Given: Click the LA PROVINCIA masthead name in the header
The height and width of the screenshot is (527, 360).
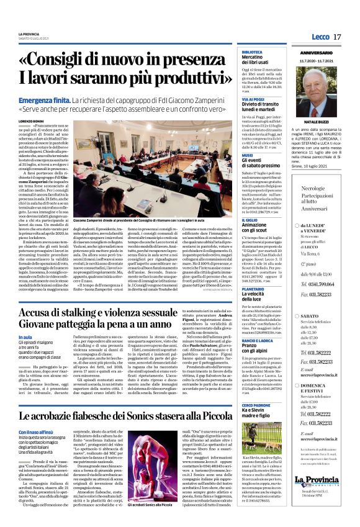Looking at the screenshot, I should pyautogui.click(x=29, y=34).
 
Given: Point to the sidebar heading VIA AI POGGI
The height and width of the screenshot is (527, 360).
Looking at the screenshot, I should pyautogui.click(x=253, y=99).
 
